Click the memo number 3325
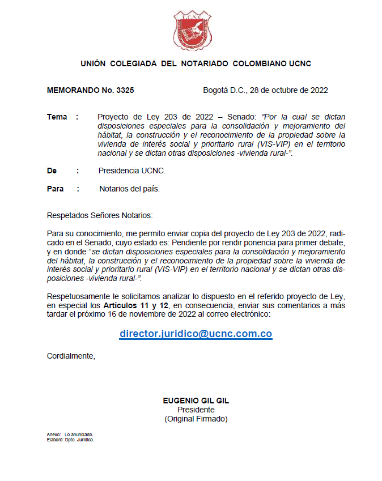tap(125, 90)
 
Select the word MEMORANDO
tap(71, 90)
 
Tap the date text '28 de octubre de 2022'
tap(288, 90)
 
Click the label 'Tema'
tap(57, 117)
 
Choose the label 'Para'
tap(55, 189)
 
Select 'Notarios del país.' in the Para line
tap(129, 189)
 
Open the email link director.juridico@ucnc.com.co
tap(196, 334)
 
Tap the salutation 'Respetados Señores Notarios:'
tap(100, 215)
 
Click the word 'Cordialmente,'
tap(71, 356)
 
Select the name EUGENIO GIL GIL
tap(196, 401)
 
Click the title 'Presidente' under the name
tap(196, 410)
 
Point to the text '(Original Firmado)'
tap(196, 419)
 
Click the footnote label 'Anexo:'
tap(53, 435)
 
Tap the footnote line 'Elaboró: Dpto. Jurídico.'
tap(70, 439)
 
